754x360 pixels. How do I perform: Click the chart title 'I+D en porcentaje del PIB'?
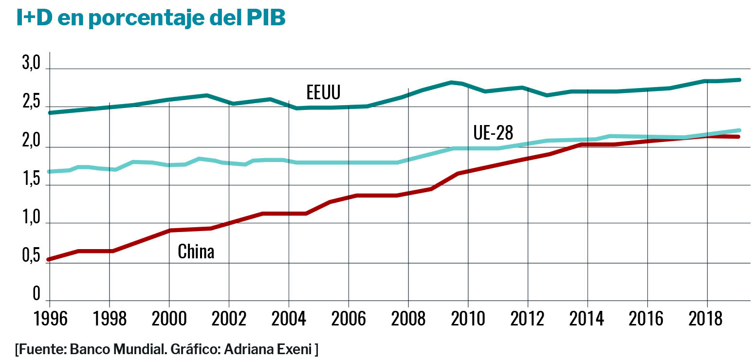click(x=151, y=18)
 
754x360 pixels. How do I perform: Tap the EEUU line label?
click(x=323, y=92)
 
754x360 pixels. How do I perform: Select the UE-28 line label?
click(x=493, y=132)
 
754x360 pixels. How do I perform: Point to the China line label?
click(x=196, y=252)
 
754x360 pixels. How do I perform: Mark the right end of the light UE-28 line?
click(x=739, y=130)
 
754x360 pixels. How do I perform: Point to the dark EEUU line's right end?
click(x=739, y=80)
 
